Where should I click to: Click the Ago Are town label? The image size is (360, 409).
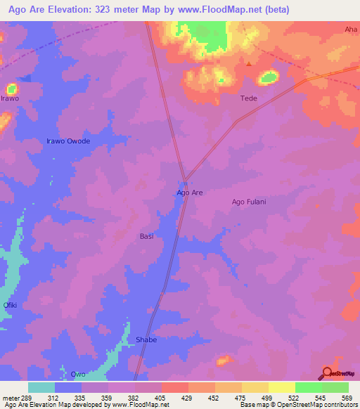coord(189,192)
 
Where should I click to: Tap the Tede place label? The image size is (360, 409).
coord(249,98)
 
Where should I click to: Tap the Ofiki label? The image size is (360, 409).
coord(10,305)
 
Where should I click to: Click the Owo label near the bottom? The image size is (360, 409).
coord(78,375)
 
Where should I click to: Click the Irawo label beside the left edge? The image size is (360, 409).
coord(10,98)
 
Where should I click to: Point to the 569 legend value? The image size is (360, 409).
coord(347,397)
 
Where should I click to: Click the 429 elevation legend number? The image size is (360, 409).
coord(187,397)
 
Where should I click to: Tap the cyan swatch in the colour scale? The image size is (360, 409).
coord(41,387)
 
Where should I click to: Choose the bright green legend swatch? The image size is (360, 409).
coord(308,387)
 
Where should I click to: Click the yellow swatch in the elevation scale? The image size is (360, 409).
coord(281,387)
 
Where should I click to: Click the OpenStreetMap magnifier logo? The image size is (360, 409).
coord(327,373)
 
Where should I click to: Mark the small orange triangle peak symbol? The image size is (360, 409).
coord(249,64)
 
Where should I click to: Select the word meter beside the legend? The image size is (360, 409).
coord(10,397)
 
